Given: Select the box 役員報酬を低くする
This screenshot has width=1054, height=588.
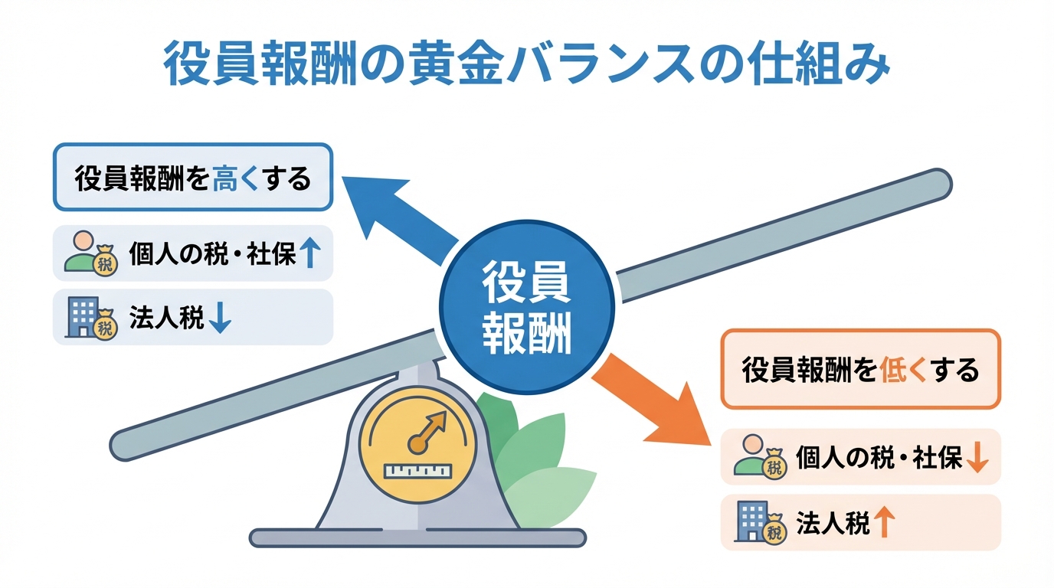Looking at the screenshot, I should click(860, 369).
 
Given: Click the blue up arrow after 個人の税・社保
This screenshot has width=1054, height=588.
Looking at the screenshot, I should click(308, 253).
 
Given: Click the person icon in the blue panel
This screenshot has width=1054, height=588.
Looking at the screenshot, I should click(81, 252).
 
